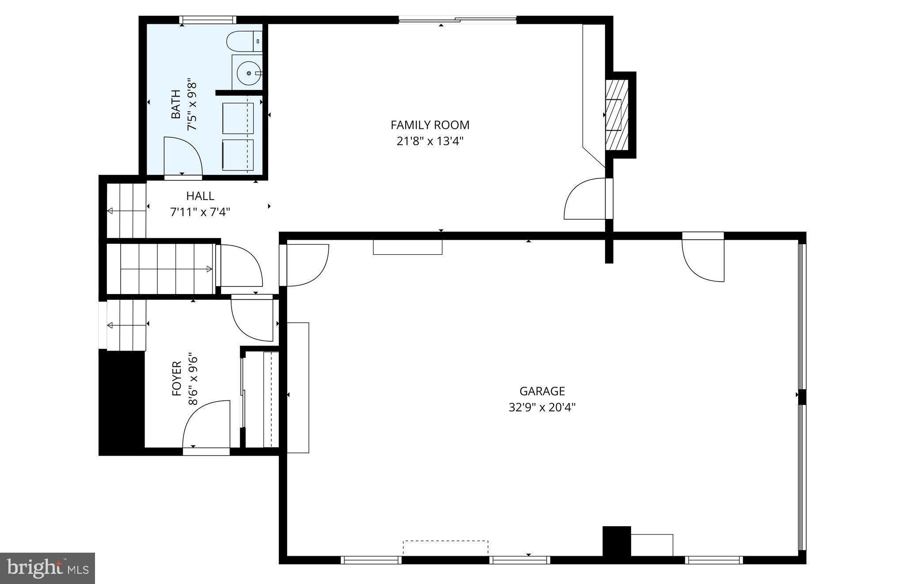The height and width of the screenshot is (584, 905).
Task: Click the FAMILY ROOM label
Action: click(x=430, y=125)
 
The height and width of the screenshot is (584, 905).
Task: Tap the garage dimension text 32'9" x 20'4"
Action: click(x=542, y=407)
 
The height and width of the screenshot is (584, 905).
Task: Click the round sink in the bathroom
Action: click(x=249, y=73)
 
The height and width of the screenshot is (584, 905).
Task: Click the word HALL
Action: click(x=200, y=196)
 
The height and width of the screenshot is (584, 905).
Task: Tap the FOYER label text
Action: click(x=177, y=378)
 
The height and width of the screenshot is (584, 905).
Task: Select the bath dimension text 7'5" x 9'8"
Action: click(x=191, y=107)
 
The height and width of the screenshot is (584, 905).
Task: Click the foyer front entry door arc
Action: click(x=205, y=424)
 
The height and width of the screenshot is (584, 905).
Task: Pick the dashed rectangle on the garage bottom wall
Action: click(x=445, y=547)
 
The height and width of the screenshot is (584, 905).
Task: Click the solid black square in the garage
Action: click(x=616, y=541)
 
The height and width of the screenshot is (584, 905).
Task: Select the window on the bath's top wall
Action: click(x=207, y=20)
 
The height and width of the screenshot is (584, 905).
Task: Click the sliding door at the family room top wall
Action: click(x=457, y=19)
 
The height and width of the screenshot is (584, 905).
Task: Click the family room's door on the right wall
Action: click(x=586, y=199)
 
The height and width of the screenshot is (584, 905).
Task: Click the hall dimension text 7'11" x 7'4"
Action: click(x=200, y=212)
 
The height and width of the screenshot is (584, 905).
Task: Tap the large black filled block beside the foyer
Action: click(x=122, y=402)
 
